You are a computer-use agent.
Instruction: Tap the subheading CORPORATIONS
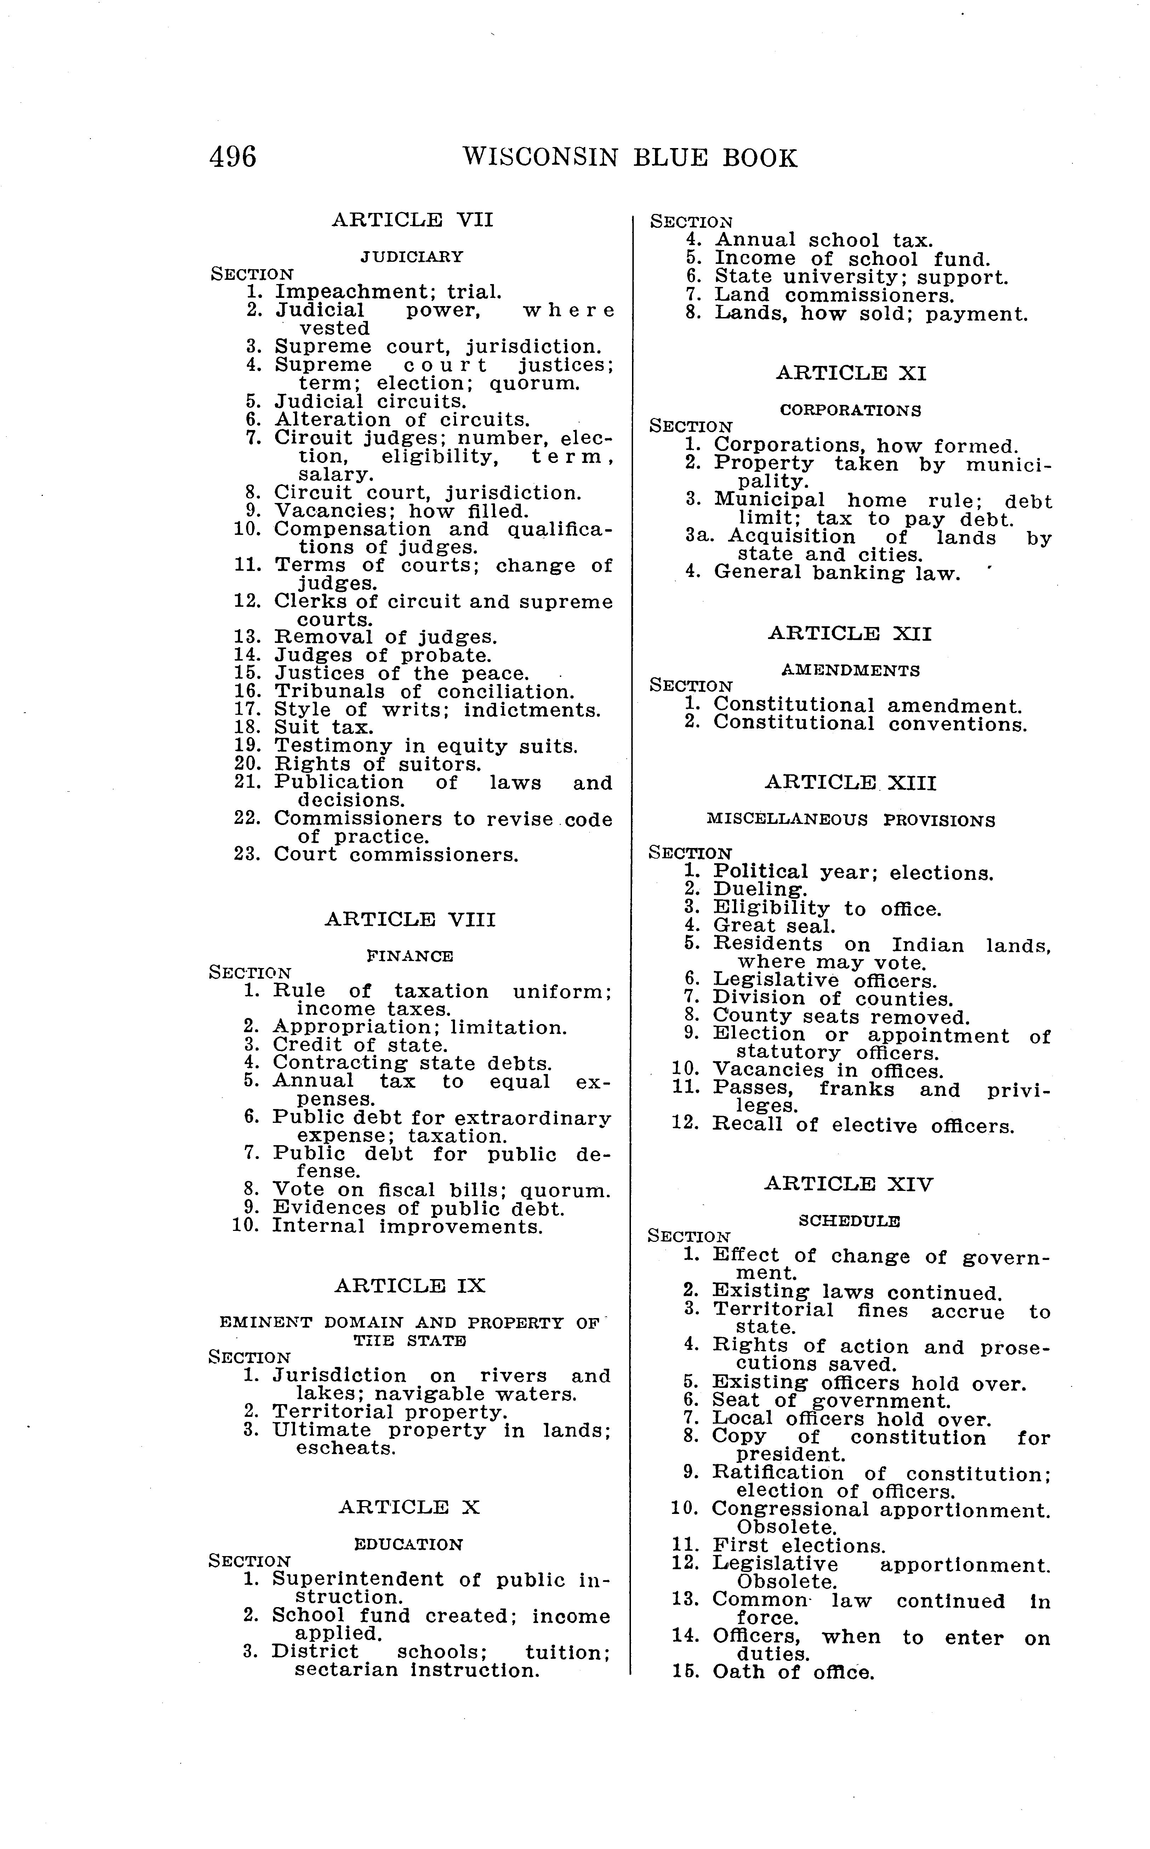[850, 410]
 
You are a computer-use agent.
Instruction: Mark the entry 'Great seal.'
[774, 926]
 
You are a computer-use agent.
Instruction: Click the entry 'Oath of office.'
[793, 1673]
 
